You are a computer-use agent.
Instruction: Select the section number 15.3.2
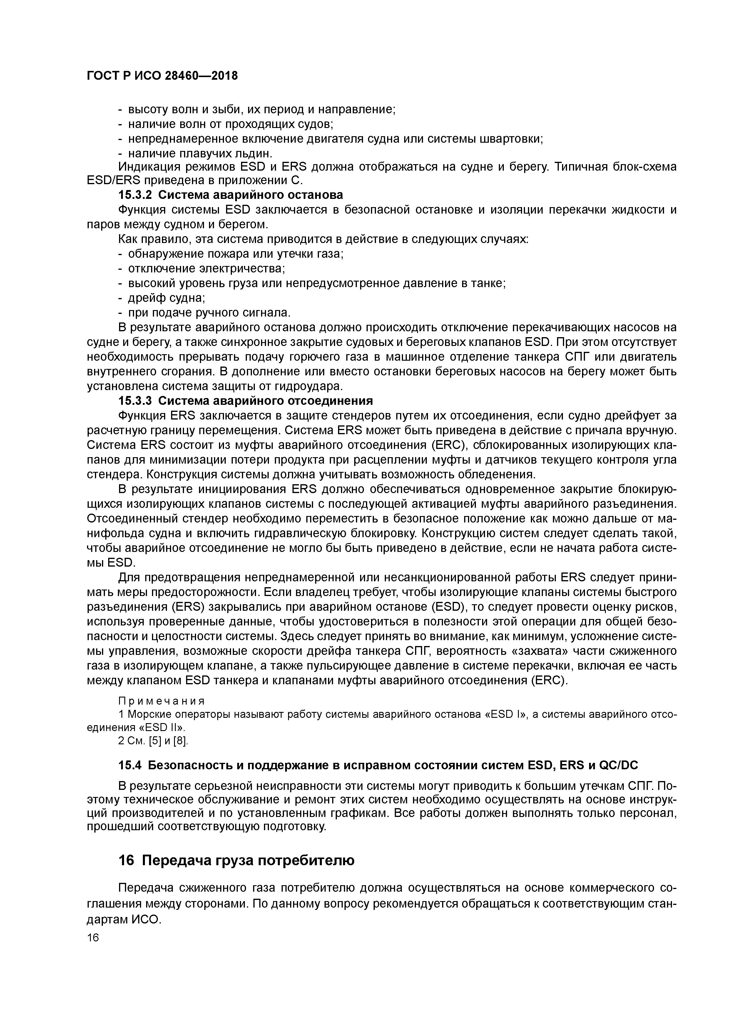(135, 195)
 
